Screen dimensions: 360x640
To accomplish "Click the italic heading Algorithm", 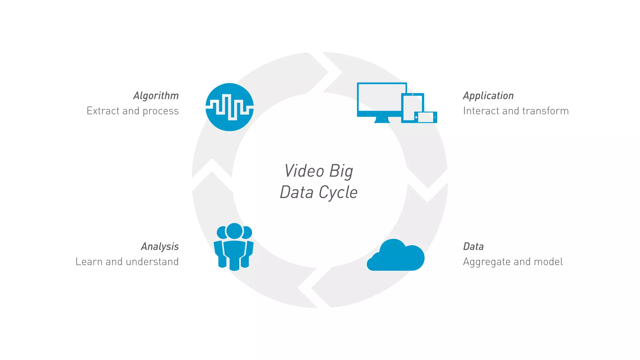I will (156, 96).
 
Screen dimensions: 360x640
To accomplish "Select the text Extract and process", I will (132, 111).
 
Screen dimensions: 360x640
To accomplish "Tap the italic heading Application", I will (488, 96).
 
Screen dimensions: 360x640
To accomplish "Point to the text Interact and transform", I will (516, 111).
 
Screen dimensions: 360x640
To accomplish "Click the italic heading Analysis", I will (160, 247).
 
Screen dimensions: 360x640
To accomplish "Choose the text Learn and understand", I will (127, 262).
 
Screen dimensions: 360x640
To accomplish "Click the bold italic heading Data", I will (473, 247).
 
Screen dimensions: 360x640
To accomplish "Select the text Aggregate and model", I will (513, 262).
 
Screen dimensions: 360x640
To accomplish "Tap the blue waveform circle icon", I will (229, 107).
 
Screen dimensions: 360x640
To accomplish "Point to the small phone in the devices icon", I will (426, 117).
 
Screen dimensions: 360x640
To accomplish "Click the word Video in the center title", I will (304, 171).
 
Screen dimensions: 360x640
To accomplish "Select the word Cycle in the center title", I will (338, 192).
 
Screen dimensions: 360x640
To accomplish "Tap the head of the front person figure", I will (234, 231).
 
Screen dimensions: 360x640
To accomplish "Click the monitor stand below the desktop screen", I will (382, 120).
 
